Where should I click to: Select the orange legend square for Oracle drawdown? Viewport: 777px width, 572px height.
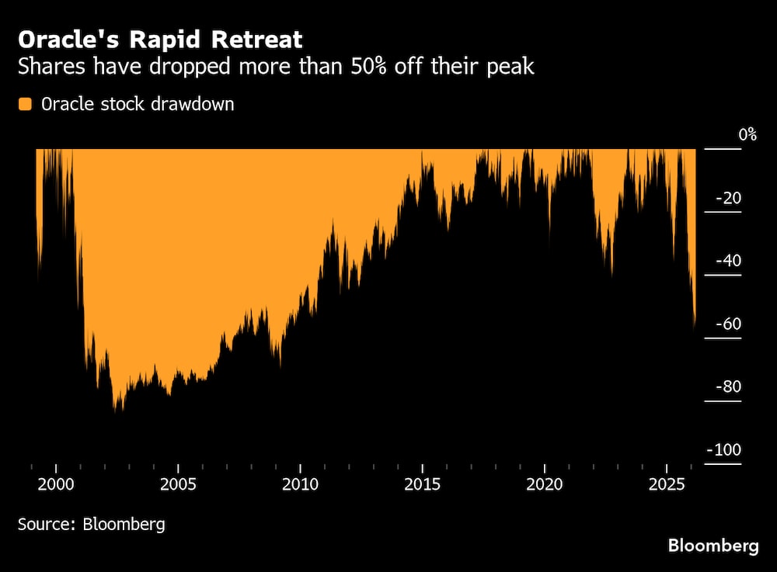point(26,104)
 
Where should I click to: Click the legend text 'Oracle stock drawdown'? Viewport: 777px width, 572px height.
point(138,104)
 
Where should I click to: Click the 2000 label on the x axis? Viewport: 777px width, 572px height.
point(57,485)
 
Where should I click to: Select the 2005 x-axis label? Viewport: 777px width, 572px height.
point(179,485)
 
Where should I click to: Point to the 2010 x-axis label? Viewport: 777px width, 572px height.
point(301,485)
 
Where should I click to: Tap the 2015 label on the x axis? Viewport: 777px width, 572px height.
point(423,485)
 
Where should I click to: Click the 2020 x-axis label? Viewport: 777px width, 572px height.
point(545,485)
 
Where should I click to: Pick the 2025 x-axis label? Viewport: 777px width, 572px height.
point(667,485)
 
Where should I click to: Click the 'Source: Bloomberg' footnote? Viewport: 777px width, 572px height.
point(92,524)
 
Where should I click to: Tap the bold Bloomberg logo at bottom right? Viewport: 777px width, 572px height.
point(713,546)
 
